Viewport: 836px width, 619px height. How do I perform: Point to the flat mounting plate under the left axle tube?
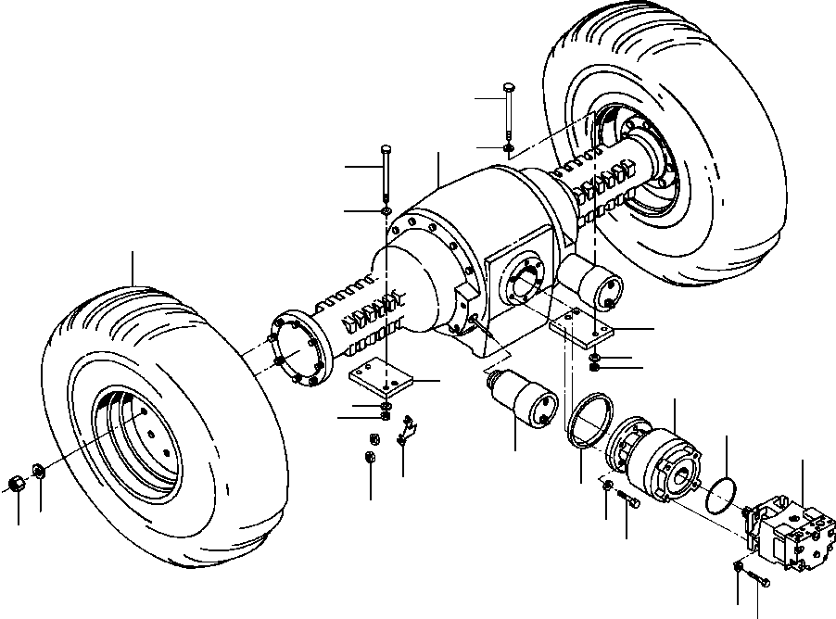click(381, 380)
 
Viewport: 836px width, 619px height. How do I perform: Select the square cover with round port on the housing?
click(522, 280)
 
